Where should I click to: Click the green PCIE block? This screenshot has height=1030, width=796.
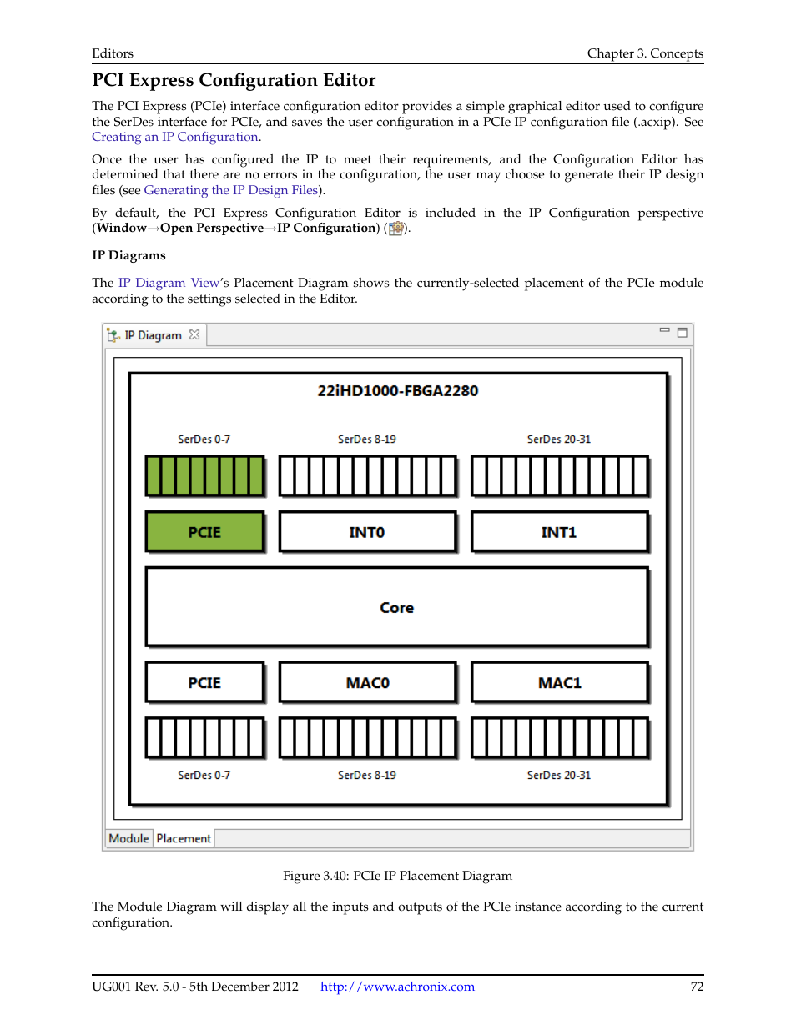[204, 532]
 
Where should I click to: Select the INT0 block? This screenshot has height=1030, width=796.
[367, 532]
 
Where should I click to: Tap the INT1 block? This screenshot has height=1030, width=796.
[559, 532]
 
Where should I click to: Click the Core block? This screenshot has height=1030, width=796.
[396, 607]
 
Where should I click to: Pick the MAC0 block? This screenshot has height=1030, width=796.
[367, 682]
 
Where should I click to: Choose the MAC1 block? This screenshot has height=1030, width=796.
[559, 682]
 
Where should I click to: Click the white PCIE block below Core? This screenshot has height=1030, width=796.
[204, 682]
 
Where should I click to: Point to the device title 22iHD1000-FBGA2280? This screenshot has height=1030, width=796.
[397, 390]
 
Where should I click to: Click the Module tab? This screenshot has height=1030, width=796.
[128, 838]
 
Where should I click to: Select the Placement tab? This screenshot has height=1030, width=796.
[184, 838]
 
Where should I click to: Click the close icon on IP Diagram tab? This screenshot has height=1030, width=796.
[194, 334]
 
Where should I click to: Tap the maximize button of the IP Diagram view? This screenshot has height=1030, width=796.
[682, 333]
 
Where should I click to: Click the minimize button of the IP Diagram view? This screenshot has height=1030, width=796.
[664, 331]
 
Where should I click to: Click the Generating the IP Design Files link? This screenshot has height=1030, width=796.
[230, 190]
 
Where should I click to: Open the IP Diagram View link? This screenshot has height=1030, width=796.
[169, 283]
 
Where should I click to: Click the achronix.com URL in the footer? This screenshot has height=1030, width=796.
[397, 987]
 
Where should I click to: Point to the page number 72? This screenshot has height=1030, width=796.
[697, 987]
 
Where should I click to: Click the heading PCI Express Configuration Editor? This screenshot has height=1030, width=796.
[234, 80]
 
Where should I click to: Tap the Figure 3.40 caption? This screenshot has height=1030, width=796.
[397, 876]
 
